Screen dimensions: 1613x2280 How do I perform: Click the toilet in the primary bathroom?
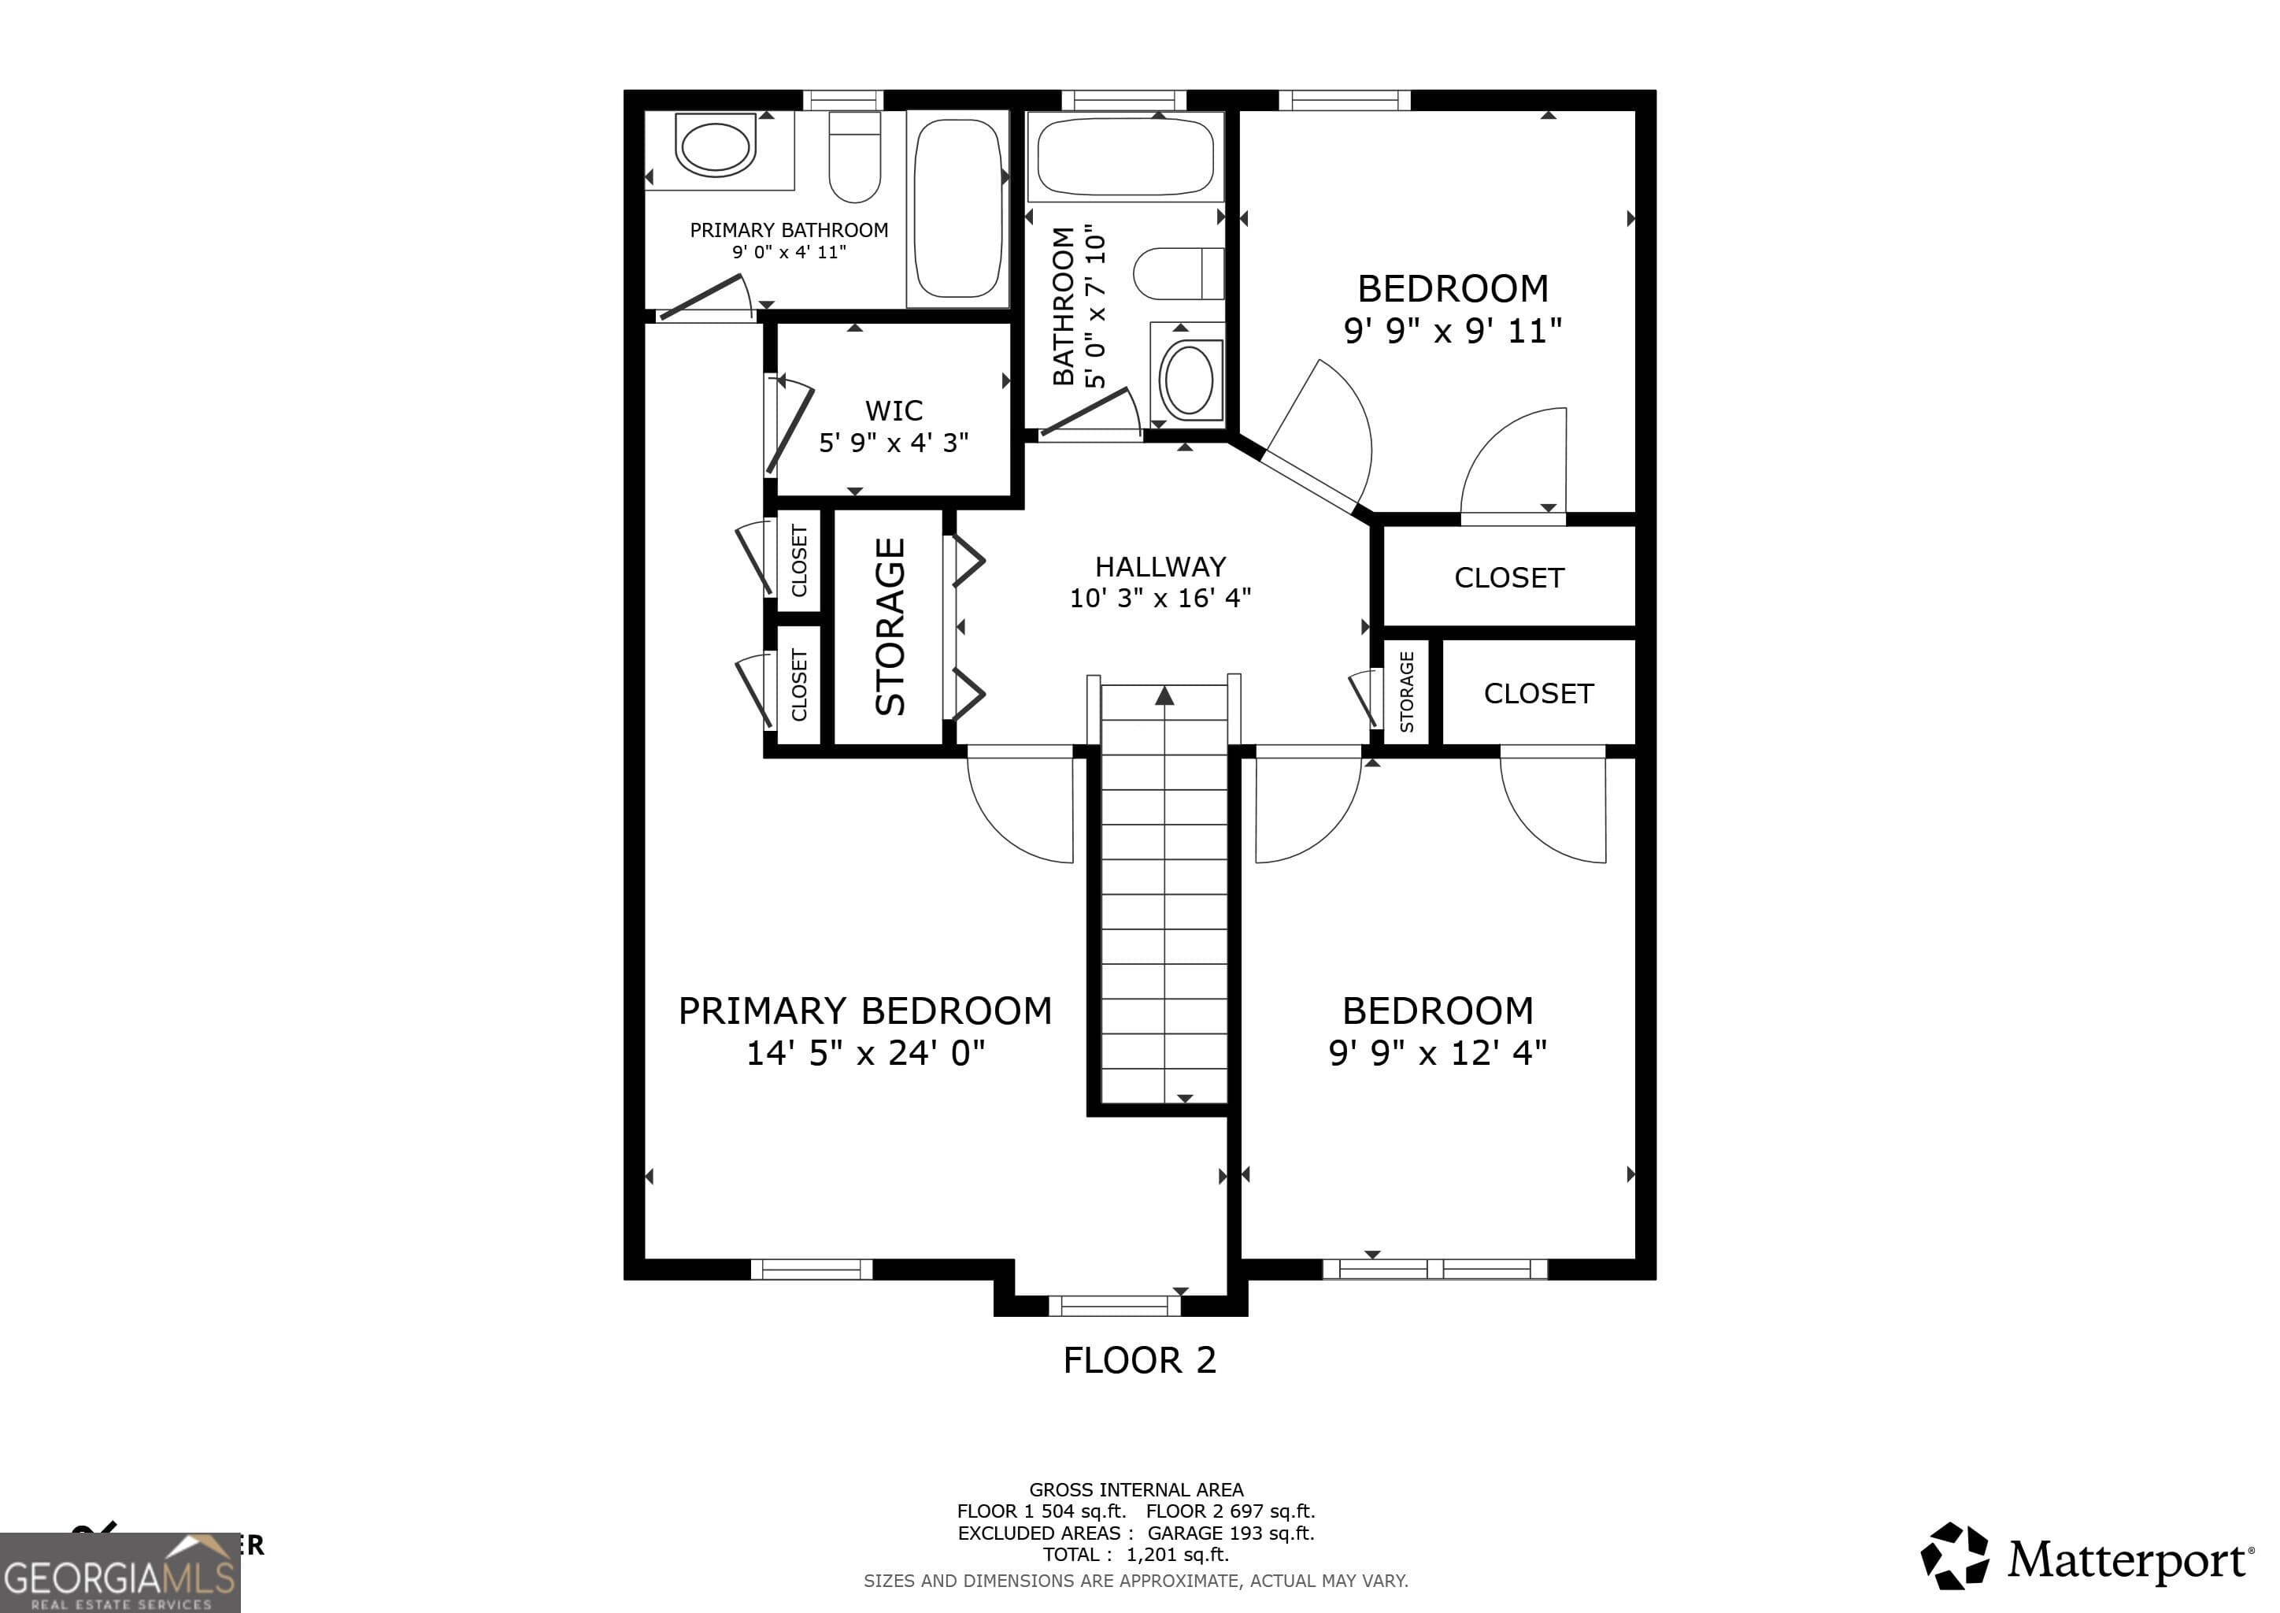854,159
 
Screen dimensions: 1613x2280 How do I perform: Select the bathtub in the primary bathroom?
957,209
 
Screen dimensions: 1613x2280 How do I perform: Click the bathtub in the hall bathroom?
1125,157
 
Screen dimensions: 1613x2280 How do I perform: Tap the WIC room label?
894,410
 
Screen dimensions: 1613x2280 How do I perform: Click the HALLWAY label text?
1160,567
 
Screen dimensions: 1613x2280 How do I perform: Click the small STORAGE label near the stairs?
1406,692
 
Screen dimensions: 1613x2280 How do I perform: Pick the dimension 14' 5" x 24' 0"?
865,1053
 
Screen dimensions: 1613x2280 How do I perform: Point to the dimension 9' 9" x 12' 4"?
1438,1053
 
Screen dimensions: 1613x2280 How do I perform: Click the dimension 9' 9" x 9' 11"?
1453,331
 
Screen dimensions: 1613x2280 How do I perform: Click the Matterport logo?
2086,1559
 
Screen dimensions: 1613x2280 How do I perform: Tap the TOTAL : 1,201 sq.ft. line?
1135,1556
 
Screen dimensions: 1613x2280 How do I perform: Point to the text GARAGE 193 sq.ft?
1231,1533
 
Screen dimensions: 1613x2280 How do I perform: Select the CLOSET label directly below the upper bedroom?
1508,578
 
